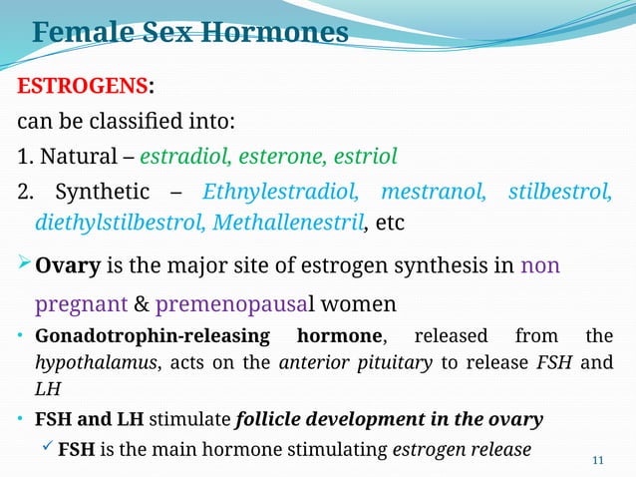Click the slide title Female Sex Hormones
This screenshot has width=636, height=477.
[x=190, y=32]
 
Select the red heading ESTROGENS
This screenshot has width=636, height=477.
[x=75, y=87]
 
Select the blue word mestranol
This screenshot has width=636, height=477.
[x=434, y=191]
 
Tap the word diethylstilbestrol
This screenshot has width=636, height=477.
[x=120, y=222]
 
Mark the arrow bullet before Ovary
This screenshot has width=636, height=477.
[x=24, y=266]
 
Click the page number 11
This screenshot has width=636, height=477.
[x=598, y=459]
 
